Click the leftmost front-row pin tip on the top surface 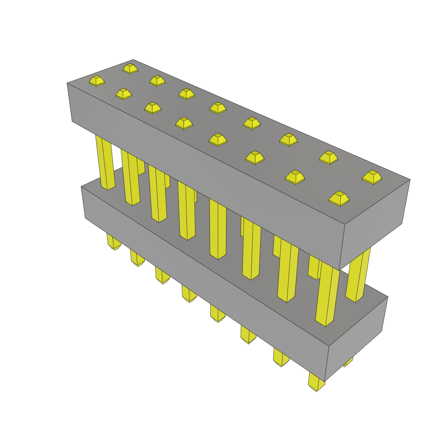point(97,80)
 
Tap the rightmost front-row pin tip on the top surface point(339,198)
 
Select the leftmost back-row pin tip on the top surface point(130,68)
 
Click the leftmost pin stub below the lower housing point(114,242)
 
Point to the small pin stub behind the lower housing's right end point(348,362)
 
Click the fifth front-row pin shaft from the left point(218,230)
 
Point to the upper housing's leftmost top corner point(67,83)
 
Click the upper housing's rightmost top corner point(410,179)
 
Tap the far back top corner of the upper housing point(133,60)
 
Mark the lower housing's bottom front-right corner point(325,381)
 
